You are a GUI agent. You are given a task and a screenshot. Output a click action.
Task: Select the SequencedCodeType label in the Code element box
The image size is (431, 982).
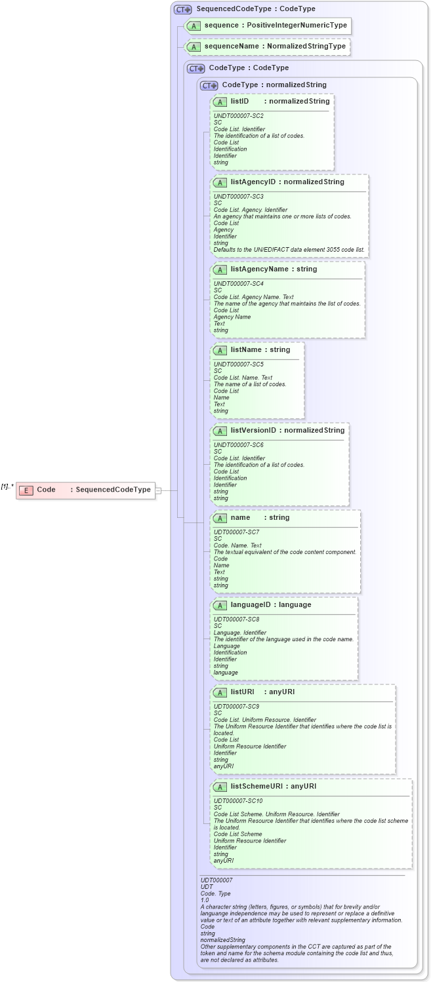(x=113, y=490)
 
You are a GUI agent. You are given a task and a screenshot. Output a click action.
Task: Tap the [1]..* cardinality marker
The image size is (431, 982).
(x=7, y=486)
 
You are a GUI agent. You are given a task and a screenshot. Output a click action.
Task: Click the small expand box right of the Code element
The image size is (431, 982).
(x=158, y=490)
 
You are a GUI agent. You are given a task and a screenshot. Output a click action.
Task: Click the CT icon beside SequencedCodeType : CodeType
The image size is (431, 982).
(x=182, y=9)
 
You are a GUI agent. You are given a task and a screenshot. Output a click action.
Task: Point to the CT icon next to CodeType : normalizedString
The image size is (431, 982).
(x=209, y=85)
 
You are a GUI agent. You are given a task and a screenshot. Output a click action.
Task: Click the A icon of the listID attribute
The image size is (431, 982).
(x=220, y=102)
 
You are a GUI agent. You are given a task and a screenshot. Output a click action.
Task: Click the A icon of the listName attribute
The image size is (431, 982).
(x=220, y=350)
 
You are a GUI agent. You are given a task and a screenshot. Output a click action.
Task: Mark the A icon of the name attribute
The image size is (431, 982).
(x=220, y=518)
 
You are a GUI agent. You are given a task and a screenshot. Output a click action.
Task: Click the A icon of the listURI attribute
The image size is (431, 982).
(x=220, y=692)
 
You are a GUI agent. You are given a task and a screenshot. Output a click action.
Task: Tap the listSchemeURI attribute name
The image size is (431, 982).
(x=258, y=786)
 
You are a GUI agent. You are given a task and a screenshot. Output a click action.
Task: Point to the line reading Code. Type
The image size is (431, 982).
(x=215, y=894)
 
